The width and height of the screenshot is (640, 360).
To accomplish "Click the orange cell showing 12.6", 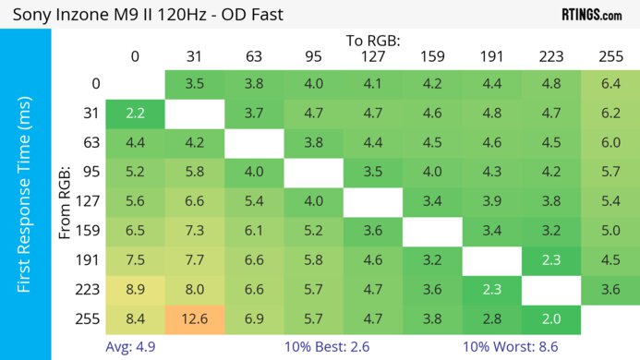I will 194,320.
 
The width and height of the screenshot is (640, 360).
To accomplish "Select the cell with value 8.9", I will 135,291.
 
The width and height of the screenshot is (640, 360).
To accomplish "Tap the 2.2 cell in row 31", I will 135,114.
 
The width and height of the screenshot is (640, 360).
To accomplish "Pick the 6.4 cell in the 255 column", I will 610,84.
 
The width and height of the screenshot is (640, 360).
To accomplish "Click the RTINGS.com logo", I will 591,15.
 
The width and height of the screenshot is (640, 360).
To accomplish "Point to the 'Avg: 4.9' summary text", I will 129,349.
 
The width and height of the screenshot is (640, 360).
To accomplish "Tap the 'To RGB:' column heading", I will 373,41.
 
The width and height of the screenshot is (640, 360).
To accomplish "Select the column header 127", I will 373,56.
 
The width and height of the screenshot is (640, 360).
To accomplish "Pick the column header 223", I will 550,56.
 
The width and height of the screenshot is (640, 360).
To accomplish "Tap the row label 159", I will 90,232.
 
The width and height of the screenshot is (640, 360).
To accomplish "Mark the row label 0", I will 95,84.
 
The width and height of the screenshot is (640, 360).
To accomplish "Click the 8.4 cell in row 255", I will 135,320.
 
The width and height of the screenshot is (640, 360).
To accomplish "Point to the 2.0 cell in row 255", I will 550,320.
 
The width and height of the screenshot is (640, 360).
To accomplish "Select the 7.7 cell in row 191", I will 194,261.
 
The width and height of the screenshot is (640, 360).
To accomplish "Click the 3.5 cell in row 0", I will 194,84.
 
